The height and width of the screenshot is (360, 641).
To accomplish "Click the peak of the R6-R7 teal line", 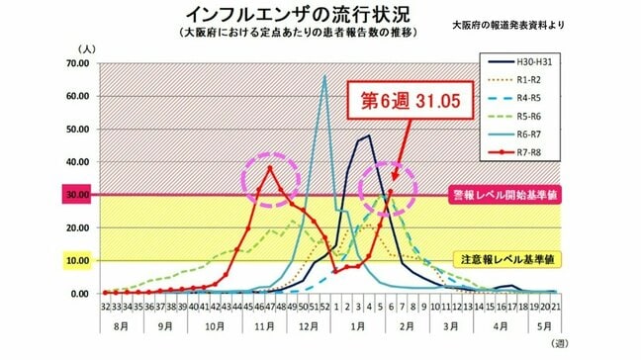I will [x=323, y=76].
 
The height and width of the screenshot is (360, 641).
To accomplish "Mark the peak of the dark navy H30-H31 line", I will [x=368, y=135].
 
